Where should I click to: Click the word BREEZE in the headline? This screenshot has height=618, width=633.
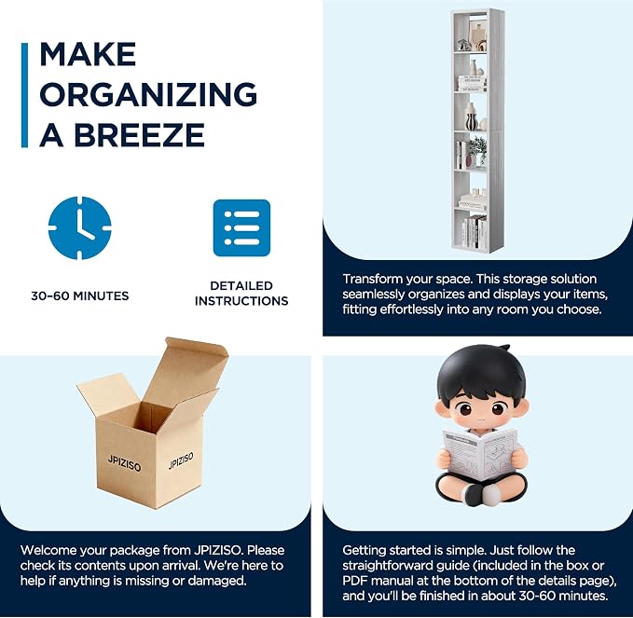139,135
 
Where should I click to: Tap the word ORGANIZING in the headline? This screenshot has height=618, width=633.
148,94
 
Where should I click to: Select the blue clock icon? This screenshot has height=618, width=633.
79,228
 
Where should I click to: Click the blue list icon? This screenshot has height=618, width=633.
241,228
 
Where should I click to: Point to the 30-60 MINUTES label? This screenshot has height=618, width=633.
80,295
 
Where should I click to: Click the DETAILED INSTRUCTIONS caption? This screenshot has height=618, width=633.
241,294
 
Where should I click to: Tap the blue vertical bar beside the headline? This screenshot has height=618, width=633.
24,95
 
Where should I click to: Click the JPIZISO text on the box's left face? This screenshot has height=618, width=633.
124,463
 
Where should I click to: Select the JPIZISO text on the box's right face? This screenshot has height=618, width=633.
181,460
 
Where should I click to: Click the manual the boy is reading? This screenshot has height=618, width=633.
480,454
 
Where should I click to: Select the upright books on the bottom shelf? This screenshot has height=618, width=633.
474,233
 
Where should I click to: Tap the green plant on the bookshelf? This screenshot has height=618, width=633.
477,146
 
